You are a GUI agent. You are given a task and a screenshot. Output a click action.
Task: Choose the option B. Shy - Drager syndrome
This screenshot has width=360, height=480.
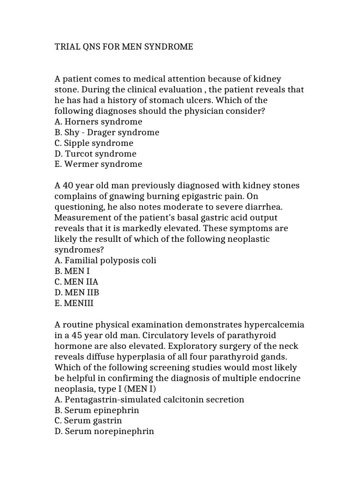tap(107, 133)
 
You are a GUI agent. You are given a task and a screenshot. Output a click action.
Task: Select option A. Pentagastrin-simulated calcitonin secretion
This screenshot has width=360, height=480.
tap(150, 399)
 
